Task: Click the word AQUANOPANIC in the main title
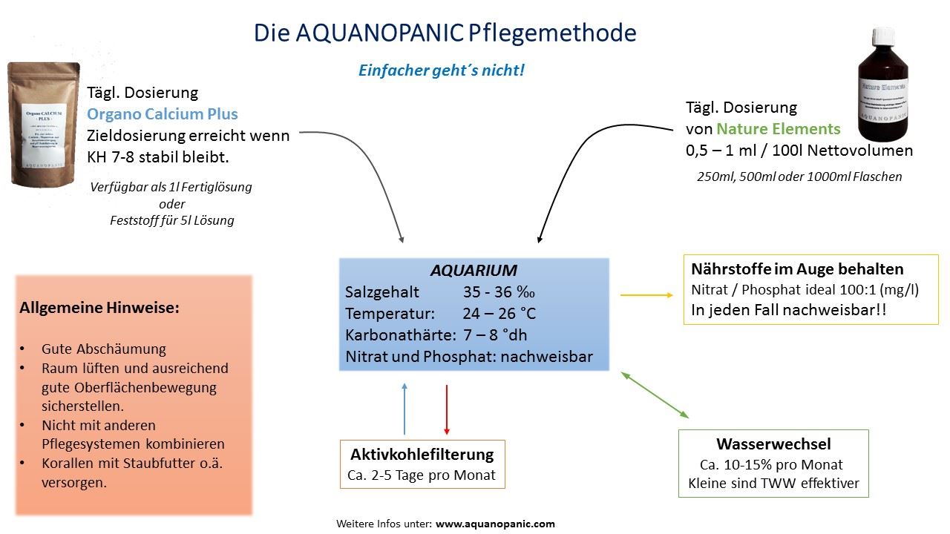pyautogui.click(x=381, y=33)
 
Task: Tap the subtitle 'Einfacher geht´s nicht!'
pyautogui.click(x=442, y=70)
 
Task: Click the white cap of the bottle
pyautogui.click(x=882, y=37)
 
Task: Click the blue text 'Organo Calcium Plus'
pyautogui.click(x=163, y=114)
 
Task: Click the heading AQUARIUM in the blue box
pyautogui.click(x=474, y=271)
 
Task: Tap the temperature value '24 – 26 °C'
pyautogui.click(x=499, y=313)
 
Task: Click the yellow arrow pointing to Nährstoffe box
pyautogui.click(x=645, y=295)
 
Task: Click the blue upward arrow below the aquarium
pyautogui.click(x=404, y=408)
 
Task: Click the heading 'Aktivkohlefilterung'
pyautogui.click(x=422, y=454)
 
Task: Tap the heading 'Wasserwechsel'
pyautogui.click(x=773, y=444)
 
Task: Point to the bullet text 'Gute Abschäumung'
pyautogui.click(x=104, y=349)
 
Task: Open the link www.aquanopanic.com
pyautogui.click(x=495, y=524)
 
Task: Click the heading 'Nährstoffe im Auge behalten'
pyautogui.click(x=797, y=268)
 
